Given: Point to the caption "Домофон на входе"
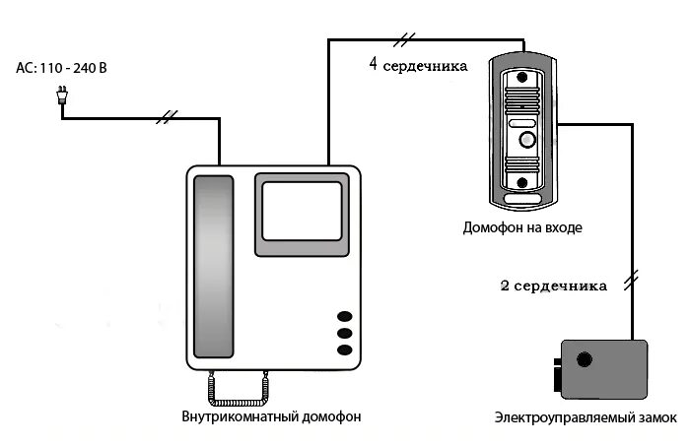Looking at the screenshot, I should click(x=522, y=227).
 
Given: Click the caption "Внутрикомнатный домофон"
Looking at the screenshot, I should click(x=271, y=416).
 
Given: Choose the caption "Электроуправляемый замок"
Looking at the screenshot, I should click(x=586, y=418).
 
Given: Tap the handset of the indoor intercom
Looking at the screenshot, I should click(x=213, y=267).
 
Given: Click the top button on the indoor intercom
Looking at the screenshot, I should click(x=344, y=317).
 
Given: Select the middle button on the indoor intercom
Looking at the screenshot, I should click(x=344, y=334).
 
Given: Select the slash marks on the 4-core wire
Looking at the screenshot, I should click(x=404, y=40).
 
